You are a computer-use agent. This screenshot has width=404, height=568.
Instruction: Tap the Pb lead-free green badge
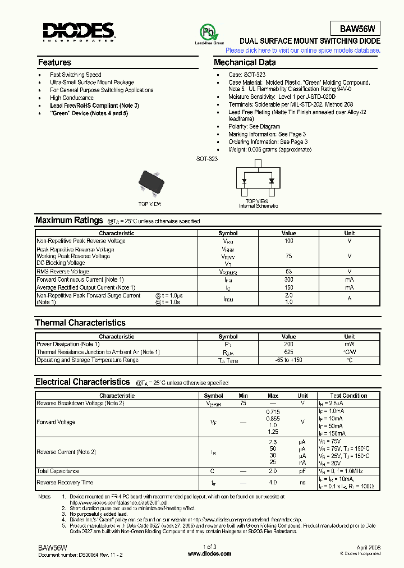pyautogui.click(x=208, y=32)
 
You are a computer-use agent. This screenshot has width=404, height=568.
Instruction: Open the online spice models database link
pyautogui.click(x=302, y=51)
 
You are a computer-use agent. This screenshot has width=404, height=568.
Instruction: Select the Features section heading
pyautogui.click(x=54, y=62)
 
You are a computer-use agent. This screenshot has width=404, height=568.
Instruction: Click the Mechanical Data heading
pyautogui.click(x=245, y=62)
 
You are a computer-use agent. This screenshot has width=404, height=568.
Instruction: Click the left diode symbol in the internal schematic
pyautogui.click(x=245, y=181)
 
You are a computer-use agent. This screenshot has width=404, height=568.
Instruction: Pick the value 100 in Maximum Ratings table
pyautogui.click(x=288, y=241)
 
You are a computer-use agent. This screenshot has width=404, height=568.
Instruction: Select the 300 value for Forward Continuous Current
pyautogui.click(x=288, y=280)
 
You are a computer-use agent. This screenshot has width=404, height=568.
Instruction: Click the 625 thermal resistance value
pyautogui.click(x=288, y=352)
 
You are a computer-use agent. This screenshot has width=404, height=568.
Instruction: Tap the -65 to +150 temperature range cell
pyautogui.click(x=288, y=360)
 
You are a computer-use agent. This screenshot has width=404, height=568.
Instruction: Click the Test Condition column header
pyautogui.click(x=348, y=396)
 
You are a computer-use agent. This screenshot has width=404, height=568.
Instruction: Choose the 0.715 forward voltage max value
pyautogui.click(x=273, y=411)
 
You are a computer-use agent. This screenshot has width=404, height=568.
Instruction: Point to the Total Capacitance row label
pyautogui.click(x=58, y=471)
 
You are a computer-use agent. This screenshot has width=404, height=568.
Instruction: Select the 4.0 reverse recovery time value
pyautogui.click(x=273, y=482)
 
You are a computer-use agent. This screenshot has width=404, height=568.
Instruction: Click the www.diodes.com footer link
pyautogui.click(x=209, y=553)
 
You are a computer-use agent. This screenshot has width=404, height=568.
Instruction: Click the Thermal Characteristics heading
pyautogui.click(x=80, y=323)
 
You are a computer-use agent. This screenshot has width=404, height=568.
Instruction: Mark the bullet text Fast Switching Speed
pyautogui.click(x=75, y=75)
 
